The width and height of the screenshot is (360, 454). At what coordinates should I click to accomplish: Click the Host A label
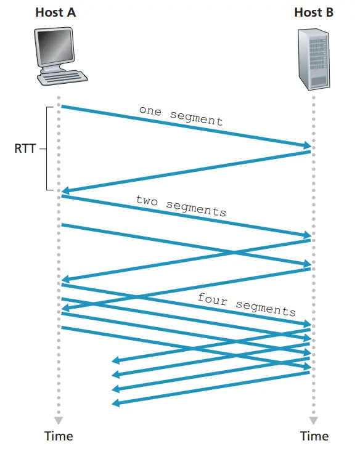pos(55,12)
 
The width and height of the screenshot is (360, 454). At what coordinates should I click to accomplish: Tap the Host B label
pos(314,12)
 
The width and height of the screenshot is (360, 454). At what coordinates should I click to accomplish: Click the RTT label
pos(25,148)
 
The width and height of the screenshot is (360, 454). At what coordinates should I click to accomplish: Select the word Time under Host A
pos(59,436)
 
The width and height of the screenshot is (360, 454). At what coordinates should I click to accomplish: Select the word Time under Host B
pos(314,436)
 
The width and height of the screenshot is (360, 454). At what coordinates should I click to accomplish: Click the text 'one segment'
pos(181,116)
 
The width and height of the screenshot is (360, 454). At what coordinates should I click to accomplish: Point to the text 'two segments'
pos(181,206)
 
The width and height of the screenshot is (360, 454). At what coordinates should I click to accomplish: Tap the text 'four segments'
pos(247,305)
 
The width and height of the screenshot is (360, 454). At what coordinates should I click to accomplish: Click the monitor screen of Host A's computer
pos(54,46)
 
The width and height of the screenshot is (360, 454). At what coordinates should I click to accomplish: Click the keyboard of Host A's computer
pos(62,78)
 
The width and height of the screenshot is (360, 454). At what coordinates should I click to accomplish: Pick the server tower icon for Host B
pos(314,59)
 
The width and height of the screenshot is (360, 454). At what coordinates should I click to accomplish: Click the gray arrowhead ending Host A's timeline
pos(59,420)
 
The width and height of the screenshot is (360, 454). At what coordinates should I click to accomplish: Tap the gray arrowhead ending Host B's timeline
pos(314,420)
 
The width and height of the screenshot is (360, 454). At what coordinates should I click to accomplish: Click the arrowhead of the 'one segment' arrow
pos(307,145)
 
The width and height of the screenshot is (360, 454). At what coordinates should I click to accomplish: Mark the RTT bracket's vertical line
pos(46,148)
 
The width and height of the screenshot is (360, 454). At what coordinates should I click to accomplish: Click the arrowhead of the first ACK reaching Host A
pos(65,191)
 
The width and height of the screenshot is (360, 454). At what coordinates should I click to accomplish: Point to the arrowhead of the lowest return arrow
pos(116,403)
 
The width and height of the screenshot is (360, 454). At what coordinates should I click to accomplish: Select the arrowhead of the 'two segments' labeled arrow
pos(307,235)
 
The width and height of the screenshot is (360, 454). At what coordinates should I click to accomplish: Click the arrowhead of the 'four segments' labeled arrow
pos(307,324)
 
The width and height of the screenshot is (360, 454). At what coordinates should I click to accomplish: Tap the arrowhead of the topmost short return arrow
pos(116,360)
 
